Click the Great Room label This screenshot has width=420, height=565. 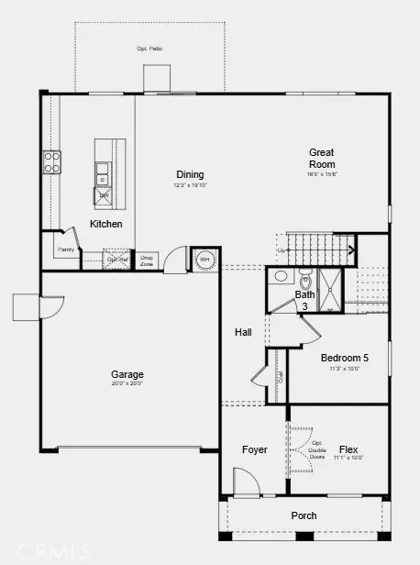coord(321,159)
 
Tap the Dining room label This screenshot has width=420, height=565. coord(191,174)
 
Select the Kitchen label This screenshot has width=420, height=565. coord(105,224)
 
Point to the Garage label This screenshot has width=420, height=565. coord(128,374)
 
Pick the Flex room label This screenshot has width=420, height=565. coord(348,450)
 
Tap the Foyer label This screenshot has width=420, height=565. coord(254,450)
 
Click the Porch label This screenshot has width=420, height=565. coord(304,516)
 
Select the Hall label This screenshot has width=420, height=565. coord(243,333)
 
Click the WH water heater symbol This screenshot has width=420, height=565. coord(205,260)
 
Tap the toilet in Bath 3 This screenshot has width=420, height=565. coord(282,277)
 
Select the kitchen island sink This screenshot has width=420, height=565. coord(104,170)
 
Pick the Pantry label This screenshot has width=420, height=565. coord(65,249)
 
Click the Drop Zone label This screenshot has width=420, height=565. coord(146,260)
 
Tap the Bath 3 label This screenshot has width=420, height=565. coord(304,300)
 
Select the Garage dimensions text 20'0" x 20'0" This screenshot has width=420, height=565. coord(128,384)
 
